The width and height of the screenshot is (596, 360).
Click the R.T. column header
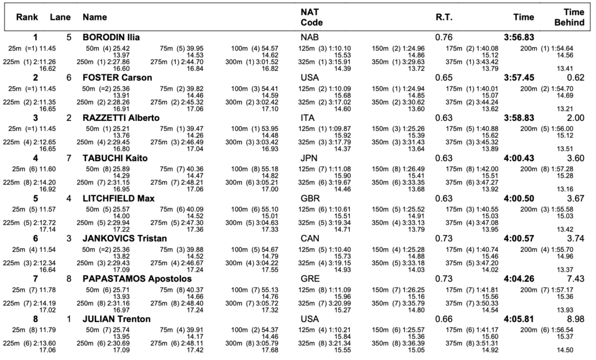click(x=444, y=17)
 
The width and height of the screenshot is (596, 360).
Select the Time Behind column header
click(x=569, y=17)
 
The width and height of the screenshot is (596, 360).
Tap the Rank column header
click(x=27, y=17)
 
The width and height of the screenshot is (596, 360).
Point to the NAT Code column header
click(x=312, y=17)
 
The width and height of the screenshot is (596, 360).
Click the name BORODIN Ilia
click(x=111, y=37)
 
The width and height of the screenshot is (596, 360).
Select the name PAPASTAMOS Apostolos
click(x=137, y=279)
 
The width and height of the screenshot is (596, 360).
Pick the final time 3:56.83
click(x=519, y=37)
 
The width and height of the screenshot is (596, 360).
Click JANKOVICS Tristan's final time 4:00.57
click(x=519, y=238)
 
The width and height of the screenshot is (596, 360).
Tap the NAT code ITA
click(x=307, y=117)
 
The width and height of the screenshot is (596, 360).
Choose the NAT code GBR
click(x=310, y=198)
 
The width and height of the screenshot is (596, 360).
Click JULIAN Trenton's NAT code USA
click(x=310, y=319)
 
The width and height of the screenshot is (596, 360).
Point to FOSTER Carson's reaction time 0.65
click(x=444, y=77)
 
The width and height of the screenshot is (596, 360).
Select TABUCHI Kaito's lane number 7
click(x=69, y=158)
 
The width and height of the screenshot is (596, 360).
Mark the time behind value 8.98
click(x=576, y=319)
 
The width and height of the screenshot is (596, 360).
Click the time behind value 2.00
click(x=576, y=117)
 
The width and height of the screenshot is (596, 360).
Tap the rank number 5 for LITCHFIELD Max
click(x=36, y=198)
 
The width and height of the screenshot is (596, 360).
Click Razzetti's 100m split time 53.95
click(x=270, y=129)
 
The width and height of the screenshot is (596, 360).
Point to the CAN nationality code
click(x=310, y=238)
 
